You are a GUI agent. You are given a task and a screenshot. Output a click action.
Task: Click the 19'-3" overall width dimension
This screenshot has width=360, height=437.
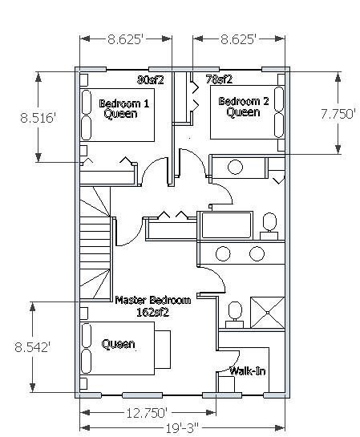pyautogui.click(x=183, y=428)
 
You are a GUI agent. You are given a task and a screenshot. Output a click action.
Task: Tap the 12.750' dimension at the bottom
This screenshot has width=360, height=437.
pyautogui.click(x=147, y=413)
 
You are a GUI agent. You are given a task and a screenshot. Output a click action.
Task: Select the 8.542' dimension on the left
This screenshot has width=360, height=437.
pyautogui.click(x=33, y=347)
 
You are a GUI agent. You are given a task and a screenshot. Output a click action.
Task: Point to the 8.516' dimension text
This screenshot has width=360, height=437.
pyautogui.click(x=38, y=118)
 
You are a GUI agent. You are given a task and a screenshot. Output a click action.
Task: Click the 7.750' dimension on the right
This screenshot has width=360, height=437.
pyautogui.click(x=338, y=114)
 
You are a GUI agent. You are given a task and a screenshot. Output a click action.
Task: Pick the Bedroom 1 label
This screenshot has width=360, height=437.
pyautogui.click(x=124, y=103)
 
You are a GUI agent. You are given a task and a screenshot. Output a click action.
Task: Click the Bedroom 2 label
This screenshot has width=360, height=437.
pyautogui.click(x=244, y=101)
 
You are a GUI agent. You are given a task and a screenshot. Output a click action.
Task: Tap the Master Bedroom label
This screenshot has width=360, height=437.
pyautogui.click(x=153, y=300)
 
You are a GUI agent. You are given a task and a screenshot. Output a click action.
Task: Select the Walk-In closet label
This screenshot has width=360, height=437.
pyautogui.click(x=248, y=371)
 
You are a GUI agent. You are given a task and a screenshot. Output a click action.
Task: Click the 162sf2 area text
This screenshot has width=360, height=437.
pyautogui.click(x=152, y=313)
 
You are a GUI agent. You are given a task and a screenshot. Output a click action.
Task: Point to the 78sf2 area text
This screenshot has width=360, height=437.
pyautogui.click(x=219, y=79)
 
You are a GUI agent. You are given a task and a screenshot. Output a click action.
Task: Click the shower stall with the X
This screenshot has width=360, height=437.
pyautogui.click(x=268, y=313)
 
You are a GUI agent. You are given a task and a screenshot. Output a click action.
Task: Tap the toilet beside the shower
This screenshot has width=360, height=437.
pyautogui.click(x=235, y=314)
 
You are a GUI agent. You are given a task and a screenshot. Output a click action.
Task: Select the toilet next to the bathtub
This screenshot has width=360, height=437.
pyautogui.click(x=269, y=226)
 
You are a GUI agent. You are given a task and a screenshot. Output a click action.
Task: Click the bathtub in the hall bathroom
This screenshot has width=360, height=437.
pyautogui.click(x=227, y=225)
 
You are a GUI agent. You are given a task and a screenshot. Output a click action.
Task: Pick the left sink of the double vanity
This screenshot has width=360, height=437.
pyautogui.click(x=223, y=253)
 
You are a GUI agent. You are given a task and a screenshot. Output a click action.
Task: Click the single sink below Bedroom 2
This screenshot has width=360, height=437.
pyautogui.click(x=235, y=167)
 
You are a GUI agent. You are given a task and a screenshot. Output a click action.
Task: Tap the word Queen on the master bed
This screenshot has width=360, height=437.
pyautogui.click(x=118, y=344)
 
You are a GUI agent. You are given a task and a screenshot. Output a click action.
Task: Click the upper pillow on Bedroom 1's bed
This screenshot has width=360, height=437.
pyautogui.click(x=86, y=102)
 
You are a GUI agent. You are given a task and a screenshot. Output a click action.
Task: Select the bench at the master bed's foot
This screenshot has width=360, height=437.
pyautogui.click(x=162, y=350)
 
